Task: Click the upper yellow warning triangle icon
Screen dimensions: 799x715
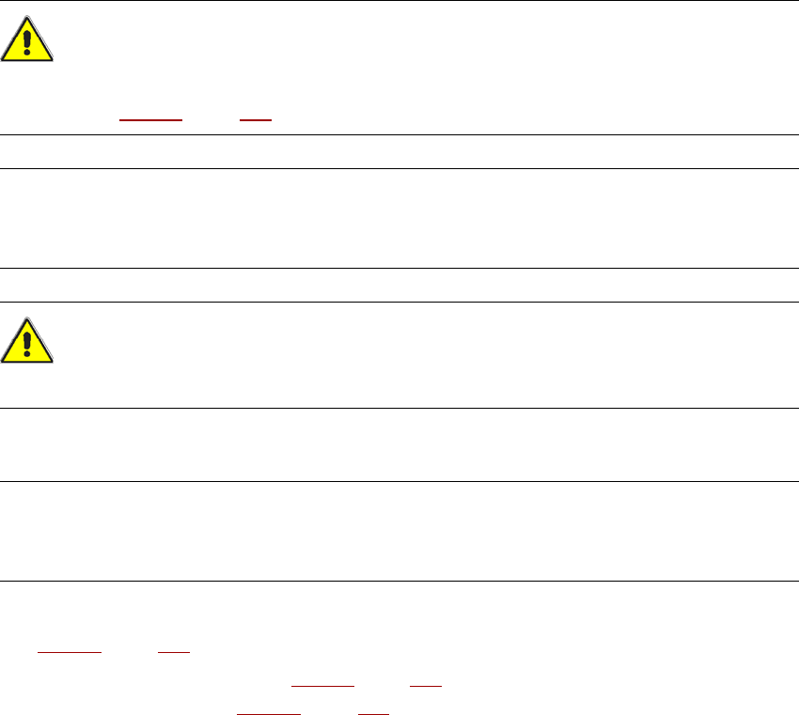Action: pyautogui.click(x=27, y=41)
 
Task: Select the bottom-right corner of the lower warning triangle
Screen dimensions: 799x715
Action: pyautogui.click(x=53, y=362)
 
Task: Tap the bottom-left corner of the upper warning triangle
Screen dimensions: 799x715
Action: pyautogui.click(x=3, y=61)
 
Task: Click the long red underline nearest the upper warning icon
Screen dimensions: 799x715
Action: pyautogui.click(x=150, y=122)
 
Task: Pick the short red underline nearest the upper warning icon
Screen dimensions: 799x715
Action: pyautogui.click(x=256, y=122)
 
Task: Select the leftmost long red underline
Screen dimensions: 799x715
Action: pyautogui.click(x=70, y=650)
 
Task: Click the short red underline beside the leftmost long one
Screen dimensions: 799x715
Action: pyautogui.click(x=175, y=650)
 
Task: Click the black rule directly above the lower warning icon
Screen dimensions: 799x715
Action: pyautogui.click(x=399, y=302)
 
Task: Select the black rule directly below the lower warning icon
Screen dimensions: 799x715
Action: pyautogui.click(x=399, y=408)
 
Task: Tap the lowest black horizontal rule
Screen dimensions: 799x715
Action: pyautogui.click(x=399, y=581)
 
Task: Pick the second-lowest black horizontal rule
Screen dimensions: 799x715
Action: pyautogui.click(x=399, y=482)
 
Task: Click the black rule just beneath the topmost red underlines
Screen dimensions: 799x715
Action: pyautogui.click(x=399, y=134)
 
